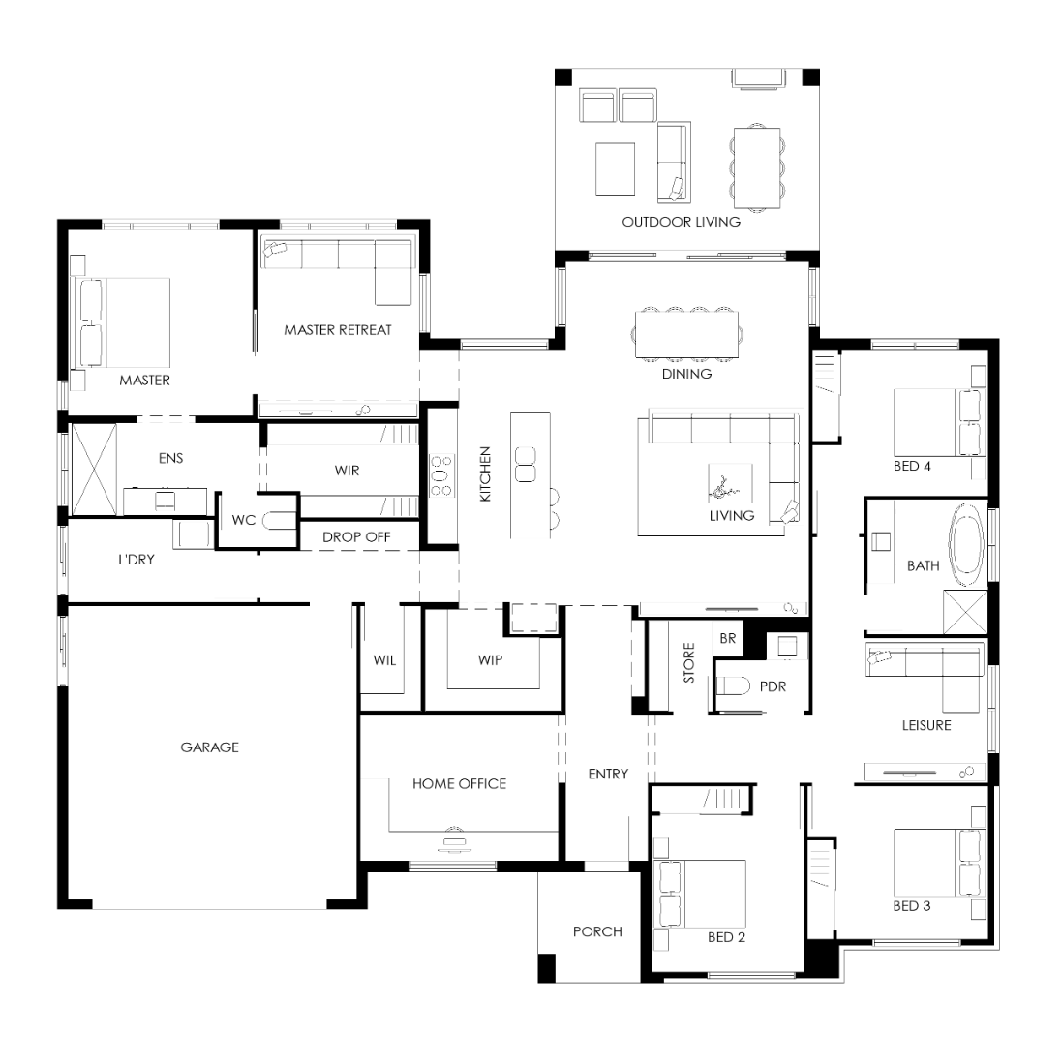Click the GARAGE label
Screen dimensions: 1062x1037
[209, 747]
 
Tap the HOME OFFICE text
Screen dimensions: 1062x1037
[459, 783]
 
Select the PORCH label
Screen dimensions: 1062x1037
[597, 931]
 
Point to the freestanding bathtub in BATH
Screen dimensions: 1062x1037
[967, 544]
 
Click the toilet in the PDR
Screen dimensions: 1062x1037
[733, 686]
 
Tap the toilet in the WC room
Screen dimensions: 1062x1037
[278, 520]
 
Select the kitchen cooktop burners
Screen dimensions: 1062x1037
[440, 475]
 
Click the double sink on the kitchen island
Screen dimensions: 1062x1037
[526, 464]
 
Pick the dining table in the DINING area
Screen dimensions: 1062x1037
[686, 334]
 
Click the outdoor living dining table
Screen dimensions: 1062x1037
[757, 168]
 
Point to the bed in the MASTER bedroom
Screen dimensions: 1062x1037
[125, 322]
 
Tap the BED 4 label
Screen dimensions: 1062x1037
[912, 466]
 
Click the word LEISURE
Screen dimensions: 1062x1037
[926, 725]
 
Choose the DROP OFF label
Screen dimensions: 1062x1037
[356, 537]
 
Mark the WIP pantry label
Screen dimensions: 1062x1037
[490, 659]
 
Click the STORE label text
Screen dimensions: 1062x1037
[689, 662]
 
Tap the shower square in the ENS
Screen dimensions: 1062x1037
[94, 469]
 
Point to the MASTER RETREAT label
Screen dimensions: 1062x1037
[338, 330]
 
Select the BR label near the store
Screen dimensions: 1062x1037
[727, 638]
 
